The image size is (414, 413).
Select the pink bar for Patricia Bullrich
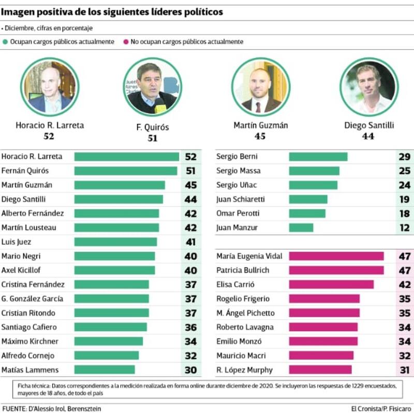pos(336,270)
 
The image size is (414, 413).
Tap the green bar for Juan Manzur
pos(301,228)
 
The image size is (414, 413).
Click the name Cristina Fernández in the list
pos(33,285)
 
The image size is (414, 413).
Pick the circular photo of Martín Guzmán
pos(260,86)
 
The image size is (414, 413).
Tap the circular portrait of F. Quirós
pos(152,87)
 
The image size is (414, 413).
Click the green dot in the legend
pos(5,41)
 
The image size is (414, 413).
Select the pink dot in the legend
pos(126,41)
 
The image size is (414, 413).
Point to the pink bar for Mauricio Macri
pos(321,356)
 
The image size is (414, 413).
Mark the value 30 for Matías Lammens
pos(190,370)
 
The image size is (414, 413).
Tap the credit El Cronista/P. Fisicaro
pos(381,409)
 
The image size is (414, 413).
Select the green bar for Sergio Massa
pos(314,171)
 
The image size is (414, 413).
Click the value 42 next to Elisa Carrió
pos(404,285)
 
